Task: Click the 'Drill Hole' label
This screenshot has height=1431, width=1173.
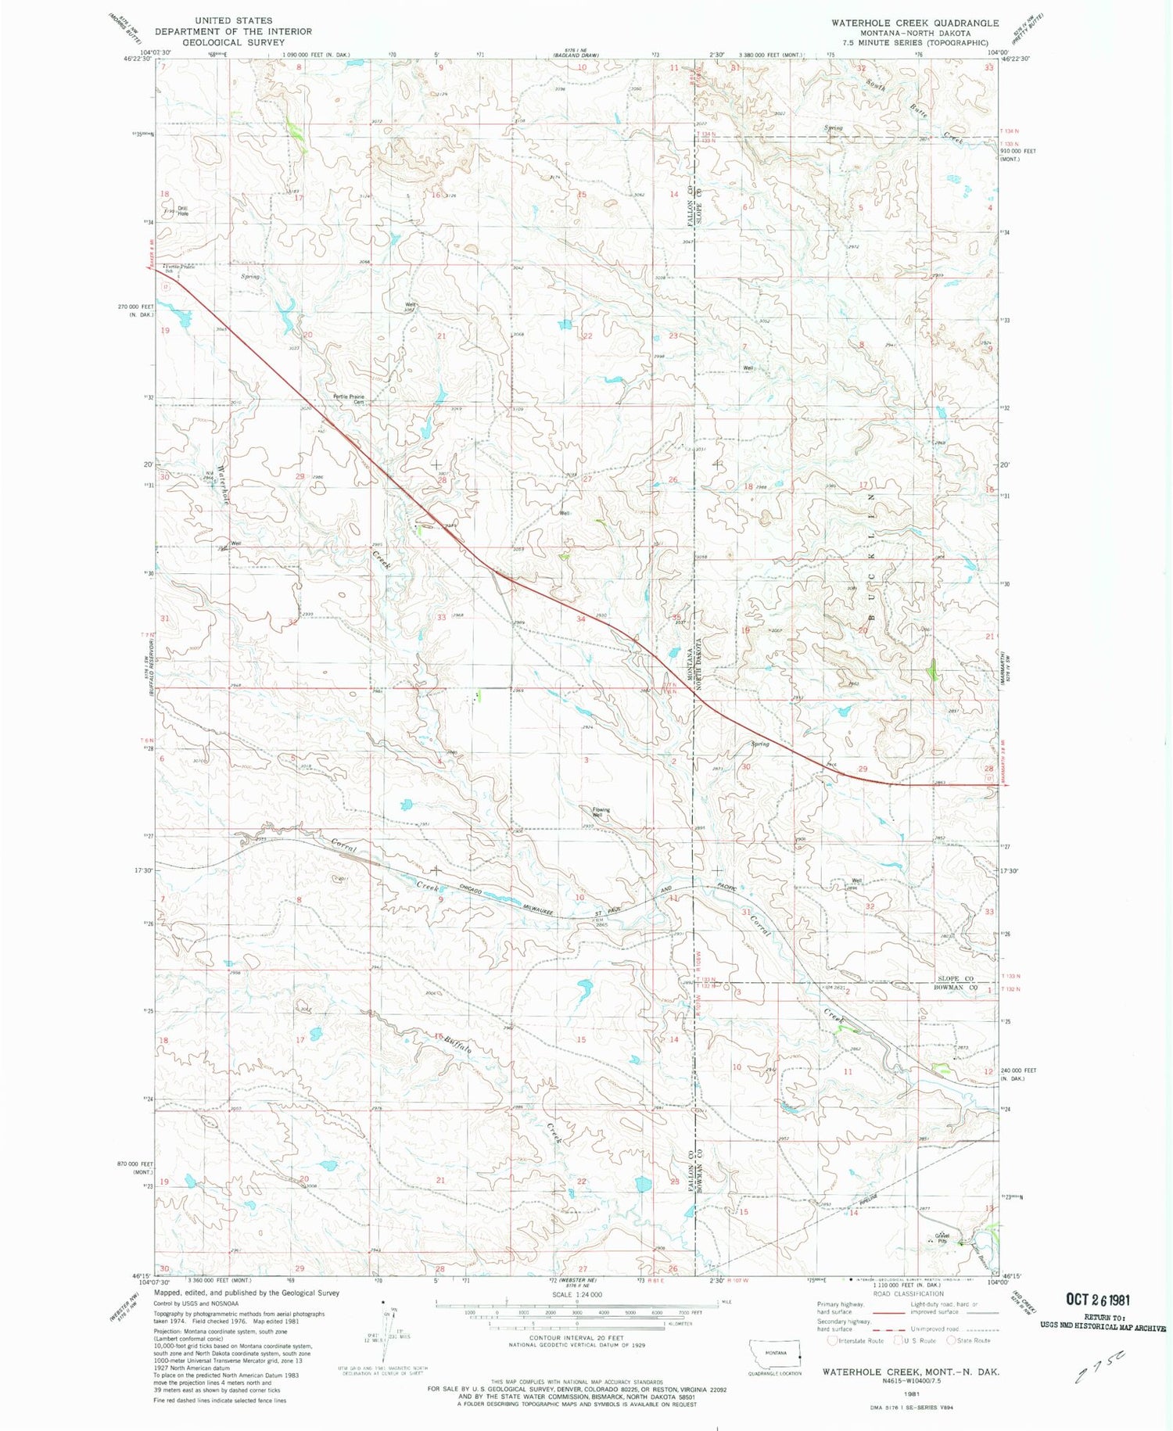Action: click(x=183, y=210)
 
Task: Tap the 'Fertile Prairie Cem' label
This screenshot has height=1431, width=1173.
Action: click(x=349, y=399)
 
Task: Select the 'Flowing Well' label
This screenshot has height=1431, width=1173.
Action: click(x=601, y=812)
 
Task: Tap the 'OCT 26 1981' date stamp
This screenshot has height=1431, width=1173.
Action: click(x=1097, y=1300)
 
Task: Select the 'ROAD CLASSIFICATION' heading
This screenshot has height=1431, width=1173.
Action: click(x=907, y=1293)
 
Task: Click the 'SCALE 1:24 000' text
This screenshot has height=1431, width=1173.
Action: click(x=577, y=1295)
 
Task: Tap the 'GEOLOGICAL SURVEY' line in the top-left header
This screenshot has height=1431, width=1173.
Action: click(x=234, y=42)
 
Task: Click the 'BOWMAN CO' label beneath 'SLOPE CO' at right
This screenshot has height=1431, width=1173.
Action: click(x=956, y=988)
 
